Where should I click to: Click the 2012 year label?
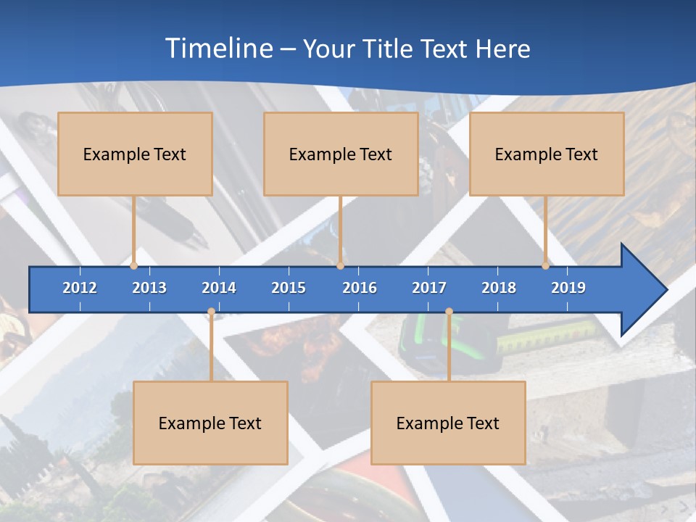pyautogui.click(x=80, y=288)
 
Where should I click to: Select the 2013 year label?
pyautogui.click(x=149, y=288)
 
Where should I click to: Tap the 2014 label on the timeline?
pyautogui.click(x=219, y=288)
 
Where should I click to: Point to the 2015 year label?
pyautogui.click(x=289, y=288)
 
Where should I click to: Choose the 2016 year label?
pyautogui.click(x=360, y=288)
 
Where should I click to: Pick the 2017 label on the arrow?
pyautogui.click(x=429, y=288)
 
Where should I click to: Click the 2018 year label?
pyautogui.click(x=499, y=288)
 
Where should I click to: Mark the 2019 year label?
pyautogui.click(x=568, y=288)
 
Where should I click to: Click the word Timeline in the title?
pyautogui.click(x=218, y=49)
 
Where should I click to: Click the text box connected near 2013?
pyautogui.click(x=135, y=154)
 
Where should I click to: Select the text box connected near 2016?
pyautogui.click(x=341, y=154)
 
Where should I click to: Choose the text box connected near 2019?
pyautogui.click(x=547, y=154)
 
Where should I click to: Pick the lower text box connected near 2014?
pyautogui.click(x=210, y=423)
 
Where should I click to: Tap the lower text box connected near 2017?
pyautogui.click(x=448, y=423)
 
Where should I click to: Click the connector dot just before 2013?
pyautogui.click(x=134, y=265)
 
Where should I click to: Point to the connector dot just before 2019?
pyautogui.click(x=546, y=265)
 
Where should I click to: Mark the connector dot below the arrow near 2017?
pyautogui.click(x=449, y=312)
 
